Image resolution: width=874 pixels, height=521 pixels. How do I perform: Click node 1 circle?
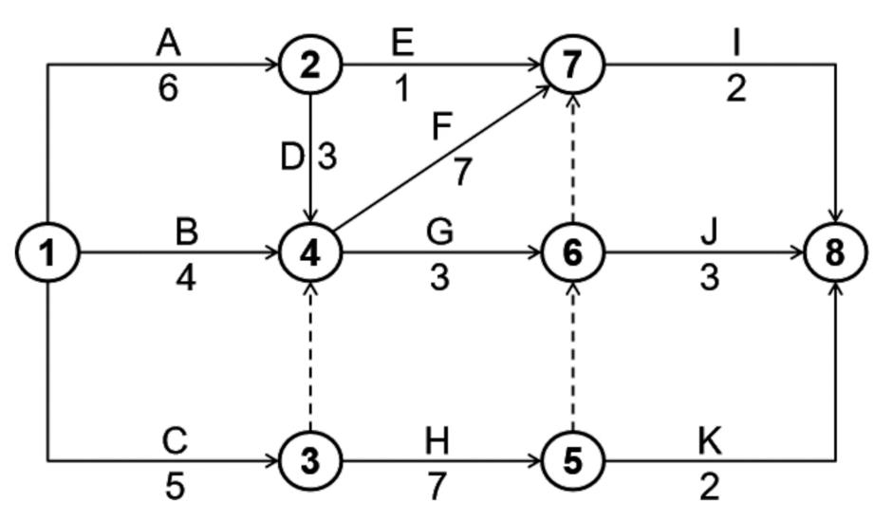click(47, 253)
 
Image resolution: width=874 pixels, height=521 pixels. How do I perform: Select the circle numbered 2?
click(310, 65)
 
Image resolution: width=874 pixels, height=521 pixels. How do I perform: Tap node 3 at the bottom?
click(310, 460)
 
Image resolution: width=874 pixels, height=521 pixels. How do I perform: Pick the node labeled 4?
click(310, 253)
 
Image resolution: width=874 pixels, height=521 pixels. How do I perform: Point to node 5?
click(572, 460)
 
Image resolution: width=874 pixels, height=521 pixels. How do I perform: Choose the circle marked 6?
click(572, 253)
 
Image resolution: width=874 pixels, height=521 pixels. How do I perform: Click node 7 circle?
click(572, 65)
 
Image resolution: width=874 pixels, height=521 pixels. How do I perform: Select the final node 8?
click(834, 253)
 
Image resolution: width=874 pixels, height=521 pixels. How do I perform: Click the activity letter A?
click(168, 43)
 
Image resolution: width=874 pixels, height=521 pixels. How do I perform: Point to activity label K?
click(709, 440)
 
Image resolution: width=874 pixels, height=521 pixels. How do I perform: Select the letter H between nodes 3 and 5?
click(437, 440)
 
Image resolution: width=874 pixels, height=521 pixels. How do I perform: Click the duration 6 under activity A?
click(168, 88)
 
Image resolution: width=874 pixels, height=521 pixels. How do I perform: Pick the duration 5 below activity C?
click(175, 485)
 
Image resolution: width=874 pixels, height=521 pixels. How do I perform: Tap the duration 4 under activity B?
click(186, 279)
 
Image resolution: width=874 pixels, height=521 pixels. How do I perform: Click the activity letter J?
click(709, 232)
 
